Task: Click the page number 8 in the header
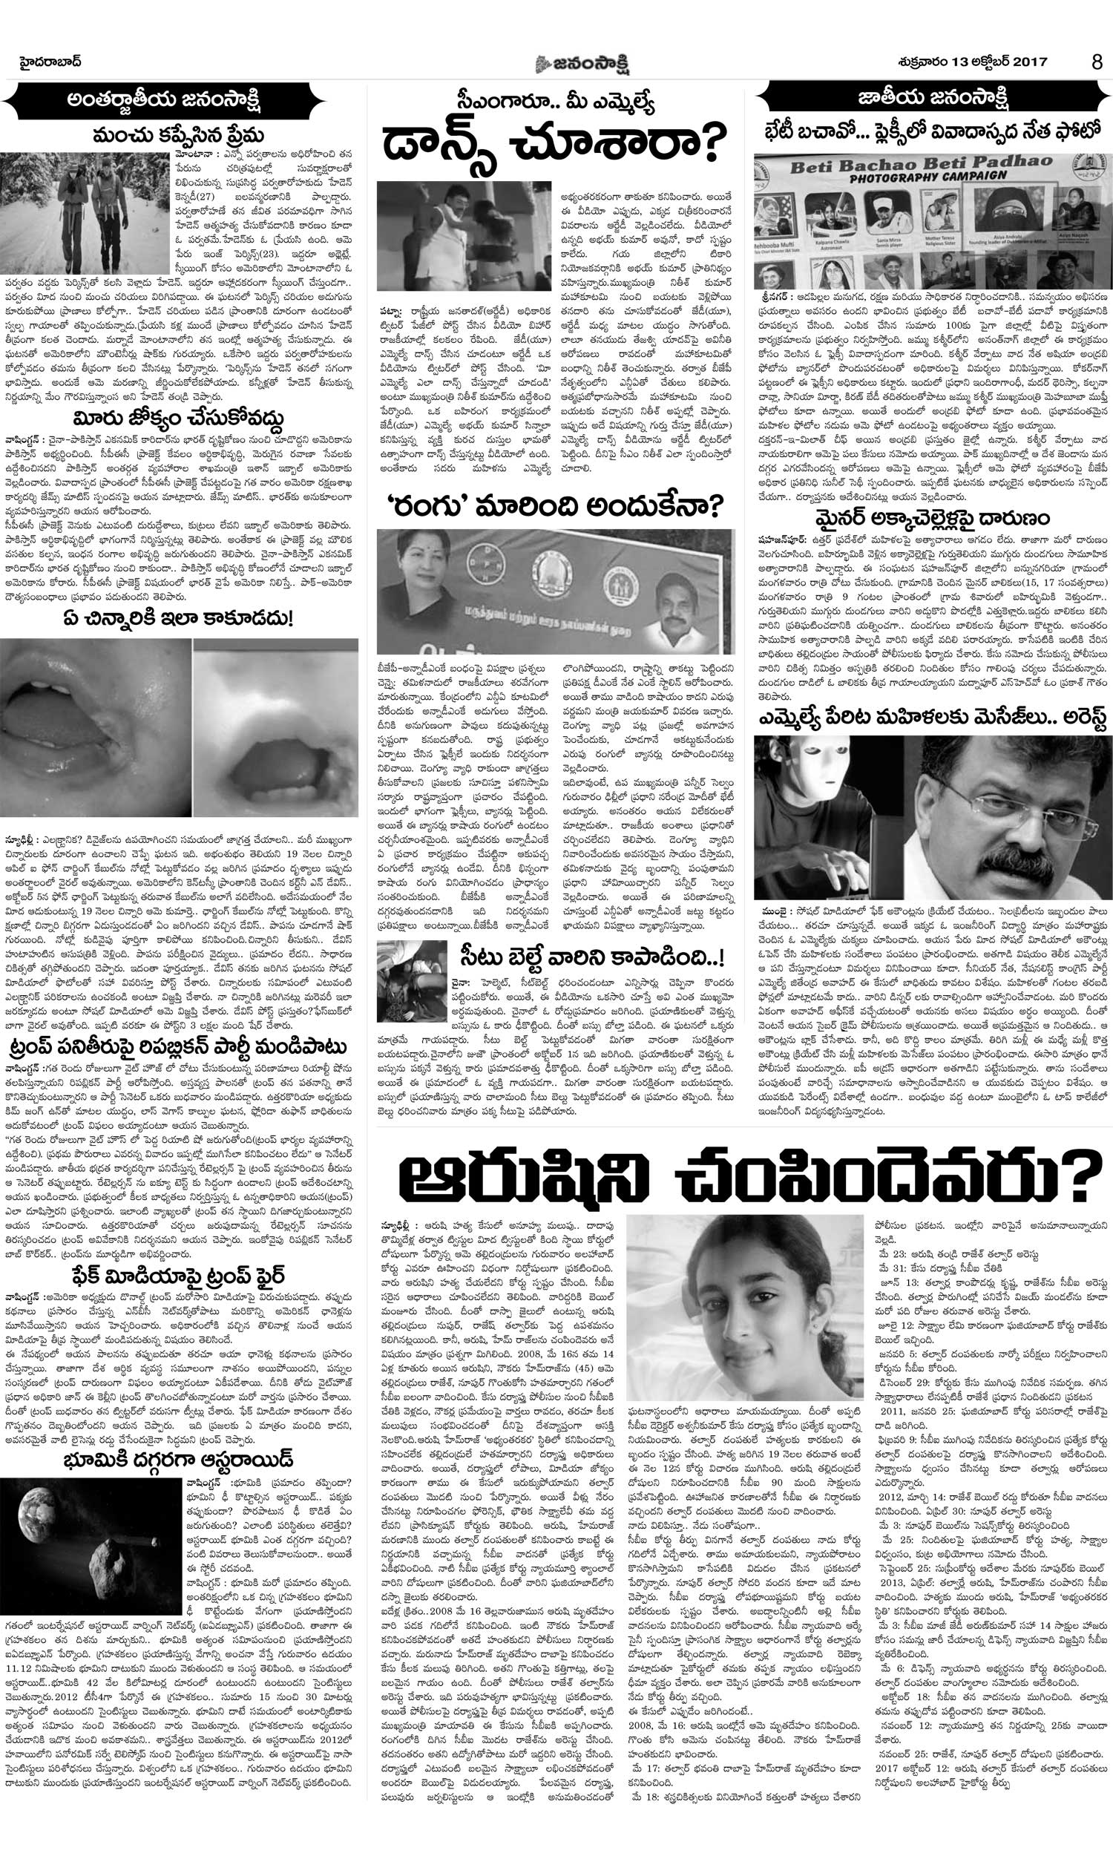[x=1097, y=62]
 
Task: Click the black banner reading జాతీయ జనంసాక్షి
[x=931, y=97]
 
